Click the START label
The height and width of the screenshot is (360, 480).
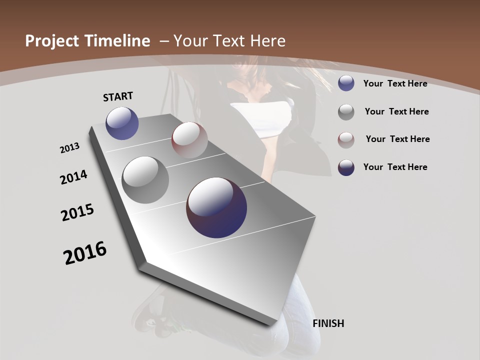(x=118, y=96)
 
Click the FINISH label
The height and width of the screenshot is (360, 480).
(x=328, y=323)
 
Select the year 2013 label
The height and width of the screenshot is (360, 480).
(x=70, y=148)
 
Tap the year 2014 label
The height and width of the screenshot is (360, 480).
(x=74, y=177)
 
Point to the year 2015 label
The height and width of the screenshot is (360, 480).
(x=77, y=212)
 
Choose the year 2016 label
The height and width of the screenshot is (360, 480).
(x=85, y=252)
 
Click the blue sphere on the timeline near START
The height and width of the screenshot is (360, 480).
(x=122, y=123)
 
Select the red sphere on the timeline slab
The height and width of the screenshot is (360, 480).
(x=189, y=139)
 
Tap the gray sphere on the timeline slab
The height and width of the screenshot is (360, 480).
(x=145, y=179)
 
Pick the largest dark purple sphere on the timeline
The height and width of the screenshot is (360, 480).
(x=216, y=207)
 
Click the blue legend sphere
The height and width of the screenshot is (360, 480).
(x=346, y=83)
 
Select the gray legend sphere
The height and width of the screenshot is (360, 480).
(x=346, y=112)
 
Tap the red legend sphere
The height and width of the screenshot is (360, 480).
(x=346, y=139)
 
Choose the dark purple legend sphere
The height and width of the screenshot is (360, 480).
(x=346, y=167)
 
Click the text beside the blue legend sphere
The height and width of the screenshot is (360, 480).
(x=395, y=83)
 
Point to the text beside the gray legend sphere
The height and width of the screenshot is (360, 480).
(x=396, y=111)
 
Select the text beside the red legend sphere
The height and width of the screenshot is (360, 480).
(x=397, y=139)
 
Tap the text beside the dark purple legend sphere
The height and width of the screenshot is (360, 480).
(x=395, y=167)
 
